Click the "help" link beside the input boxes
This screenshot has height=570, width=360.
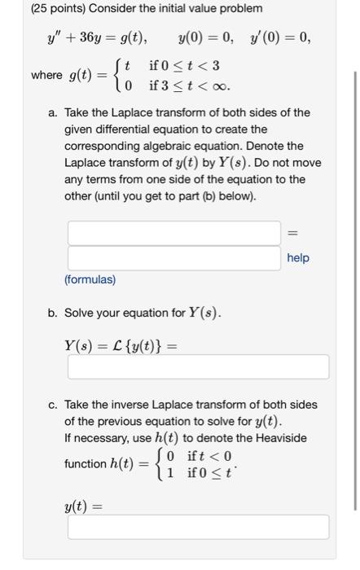click(x=298, y=258)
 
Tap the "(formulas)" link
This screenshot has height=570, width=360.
click(x=90, y=279)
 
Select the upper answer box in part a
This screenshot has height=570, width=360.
click(x=174, y=232)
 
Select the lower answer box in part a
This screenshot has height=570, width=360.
click(x=174, y=258)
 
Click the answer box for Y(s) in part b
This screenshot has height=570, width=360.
click(x=198, y=366)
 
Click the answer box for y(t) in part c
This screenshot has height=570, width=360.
click(x=198, y=527)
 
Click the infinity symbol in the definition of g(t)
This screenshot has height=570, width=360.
click(x=221, y=85)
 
